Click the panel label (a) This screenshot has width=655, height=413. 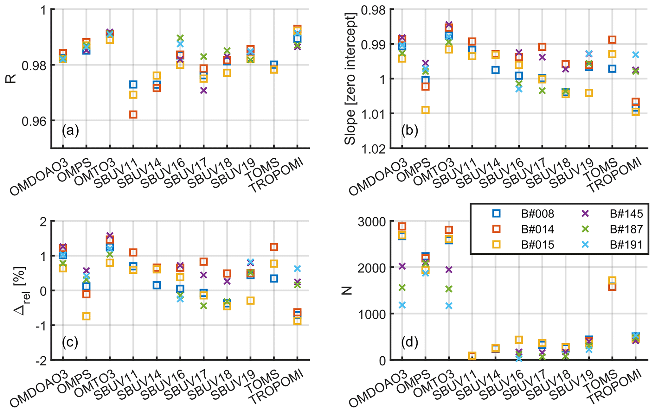pyautogui.click(x=70, y=130)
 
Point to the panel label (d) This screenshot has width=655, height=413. pyautogui.click(x=409, y=342)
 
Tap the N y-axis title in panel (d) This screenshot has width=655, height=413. pyautogui.click(x=348, y=290)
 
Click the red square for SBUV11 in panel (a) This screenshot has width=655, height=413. pyautogui.click(x=133, y=115)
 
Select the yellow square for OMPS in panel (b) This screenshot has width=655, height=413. pyautogui.click(x=425, y=110)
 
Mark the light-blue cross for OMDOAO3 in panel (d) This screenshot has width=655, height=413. pyautogui.click(x=402, y=305)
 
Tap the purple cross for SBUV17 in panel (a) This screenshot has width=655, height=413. pyautogui.click(x=203, y=91)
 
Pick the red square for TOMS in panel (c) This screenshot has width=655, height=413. pyautogui.click(x=274, y=247)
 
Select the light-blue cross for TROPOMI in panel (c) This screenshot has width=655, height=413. pyautogui.click(x=297, y=269)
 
